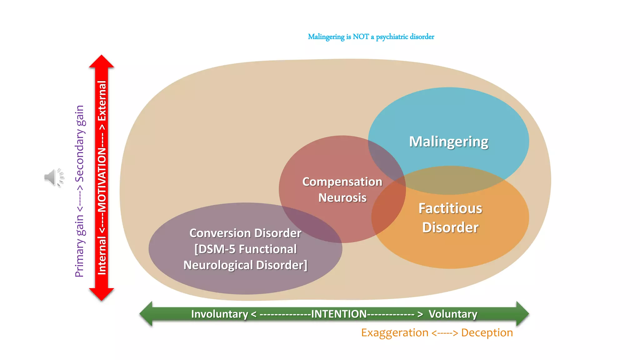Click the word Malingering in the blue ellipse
448,142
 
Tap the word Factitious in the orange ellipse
450,208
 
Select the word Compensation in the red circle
342,182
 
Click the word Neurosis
342,198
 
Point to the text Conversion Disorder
245,233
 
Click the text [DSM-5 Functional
245,249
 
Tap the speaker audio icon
54,177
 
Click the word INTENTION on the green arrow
339,314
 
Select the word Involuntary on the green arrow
219,314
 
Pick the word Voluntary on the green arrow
453,314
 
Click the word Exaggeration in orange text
395,332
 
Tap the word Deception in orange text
487,332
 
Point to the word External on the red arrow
102,101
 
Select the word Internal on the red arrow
102,256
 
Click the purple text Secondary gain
80,144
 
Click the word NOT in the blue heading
361,37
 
